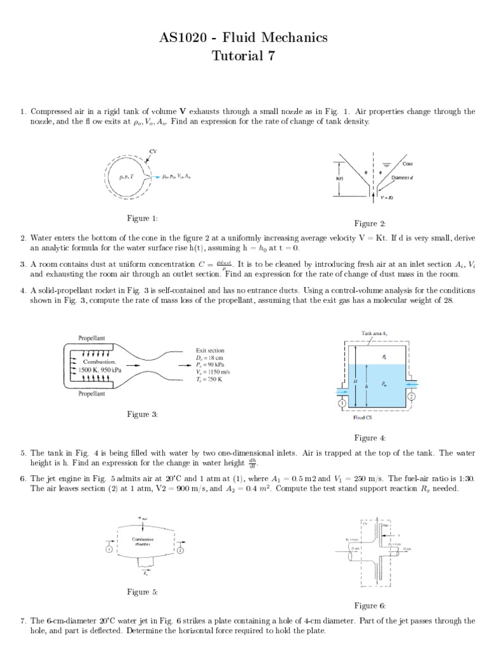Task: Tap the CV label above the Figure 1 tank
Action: [x=152, y=151]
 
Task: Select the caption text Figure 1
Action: [x=142, y=219]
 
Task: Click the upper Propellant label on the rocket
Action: [x=93, y=338]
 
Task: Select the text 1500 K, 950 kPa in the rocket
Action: [x=93, y=368]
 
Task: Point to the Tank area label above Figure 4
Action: [x=374, y=332]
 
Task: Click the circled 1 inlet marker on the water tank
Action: [x=341, y=402]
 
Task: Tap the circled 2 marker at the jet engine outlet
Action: [x=180, y=550]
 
